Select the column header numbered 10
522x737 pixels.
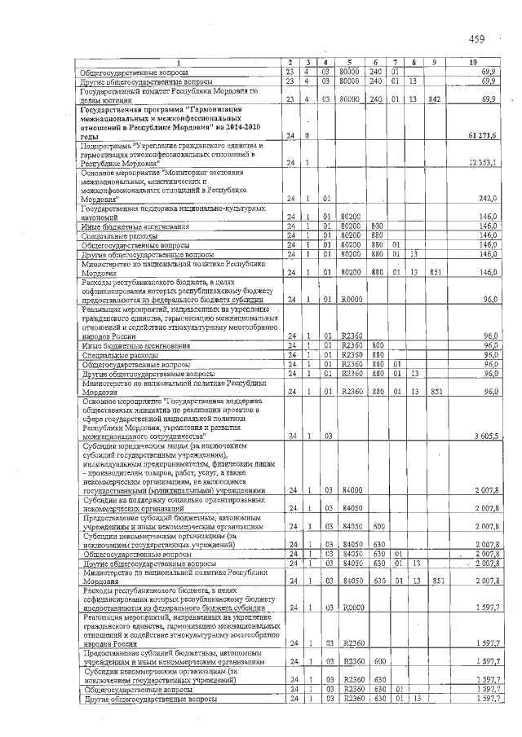pos(474,63)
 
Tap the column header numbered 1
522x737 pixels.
pos(179,63)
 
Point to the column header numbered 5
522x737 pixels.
pos(347,63)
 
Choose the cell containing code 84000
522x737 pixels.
pos(352,490)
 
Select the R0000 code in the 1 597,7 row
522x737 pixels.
pos(352,608)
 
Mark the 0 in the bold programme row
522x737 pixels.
pos(307,134)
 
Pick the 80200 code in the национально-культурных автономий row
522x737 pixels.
pos(352,216)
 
